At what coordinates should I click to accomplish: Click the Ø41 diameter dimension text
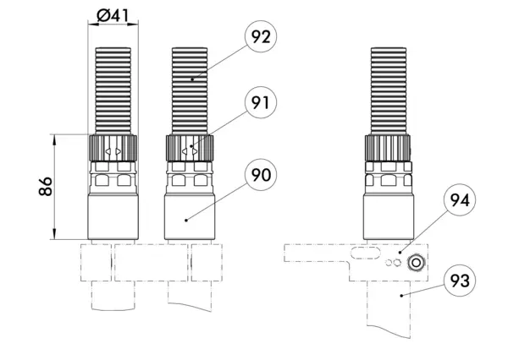pos(113,15)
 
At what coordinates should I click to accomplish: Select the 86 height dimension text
pos(46,186)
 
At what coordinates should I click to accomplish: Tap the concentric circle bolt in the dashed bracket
pos(416,263)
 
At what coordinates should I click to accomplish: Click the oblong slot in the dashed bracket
pos(365,253)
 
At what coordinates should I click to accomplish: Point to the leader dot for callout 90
pos(186,221)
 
